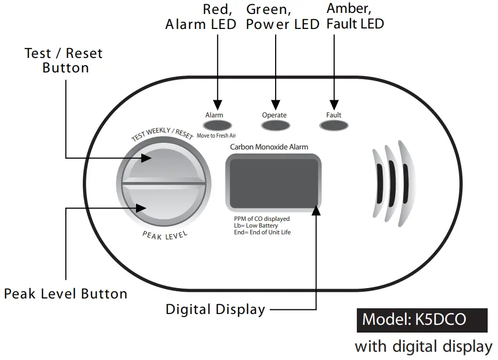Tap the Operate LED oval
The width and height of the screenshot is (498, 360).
coord(275,126)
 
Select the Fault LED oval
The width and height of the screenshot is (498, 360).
coord(334,126)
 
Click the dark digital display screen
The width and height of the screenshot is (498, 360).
coord(274,182)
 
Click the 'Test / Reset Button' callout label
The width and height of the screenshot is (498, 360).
coord(64,61)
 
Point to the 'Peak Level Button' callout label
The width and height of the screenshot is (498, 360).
coord(66,294)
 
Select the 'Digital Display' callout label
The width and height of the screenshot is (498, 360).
coord(215,309)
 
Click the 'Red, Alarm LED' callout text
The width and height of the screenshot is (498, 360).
coord(201,17)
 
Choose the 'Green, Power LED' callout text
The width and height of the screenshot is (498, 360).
coord(282,17)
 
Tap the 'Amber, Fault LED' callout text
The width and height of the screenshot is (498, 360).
coord(355,17)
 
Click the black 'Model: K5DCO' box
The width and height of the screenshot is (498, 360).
coord(422,320)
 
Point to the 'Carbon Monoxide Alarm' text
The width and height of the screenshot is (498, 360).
coord(269,147)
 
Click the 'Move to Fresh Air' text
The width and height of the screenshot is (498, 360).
coord(217,136)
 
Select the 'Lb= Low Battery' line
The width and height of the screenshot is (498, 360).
coord(256,226)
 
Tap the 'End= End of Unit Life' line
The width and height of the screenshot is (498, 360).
coord(262,232)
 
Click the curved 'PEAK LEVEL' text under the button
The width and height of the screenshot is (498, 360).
coord(165,236)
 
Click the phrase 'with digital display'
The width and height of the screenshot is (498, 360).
coord(424,346)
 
